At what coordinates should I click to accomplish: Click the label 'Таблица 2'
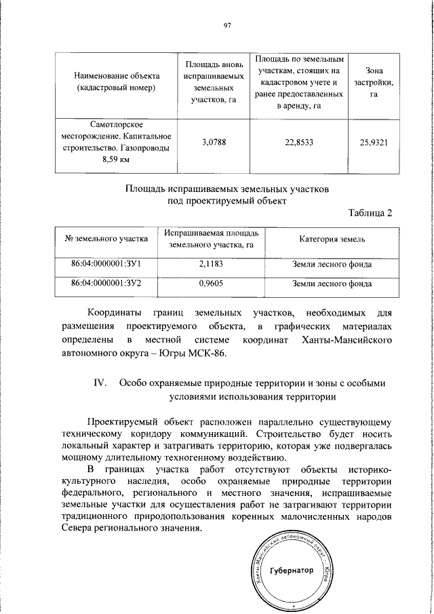(370, 214)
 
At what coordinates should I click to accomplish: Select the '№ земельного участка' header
(106, 239)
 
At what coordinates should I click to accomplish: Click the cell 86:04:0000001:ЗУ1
(106, 263)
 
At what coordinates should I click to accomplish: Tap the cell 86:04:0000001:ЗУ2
(106, 285)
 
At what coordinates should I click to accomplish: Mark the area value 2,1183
(211, 263)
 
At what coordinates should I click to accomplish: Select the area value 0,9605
(211, 285)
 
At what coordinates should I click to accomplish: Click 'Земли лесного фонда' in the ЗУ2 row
(332, 285)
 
